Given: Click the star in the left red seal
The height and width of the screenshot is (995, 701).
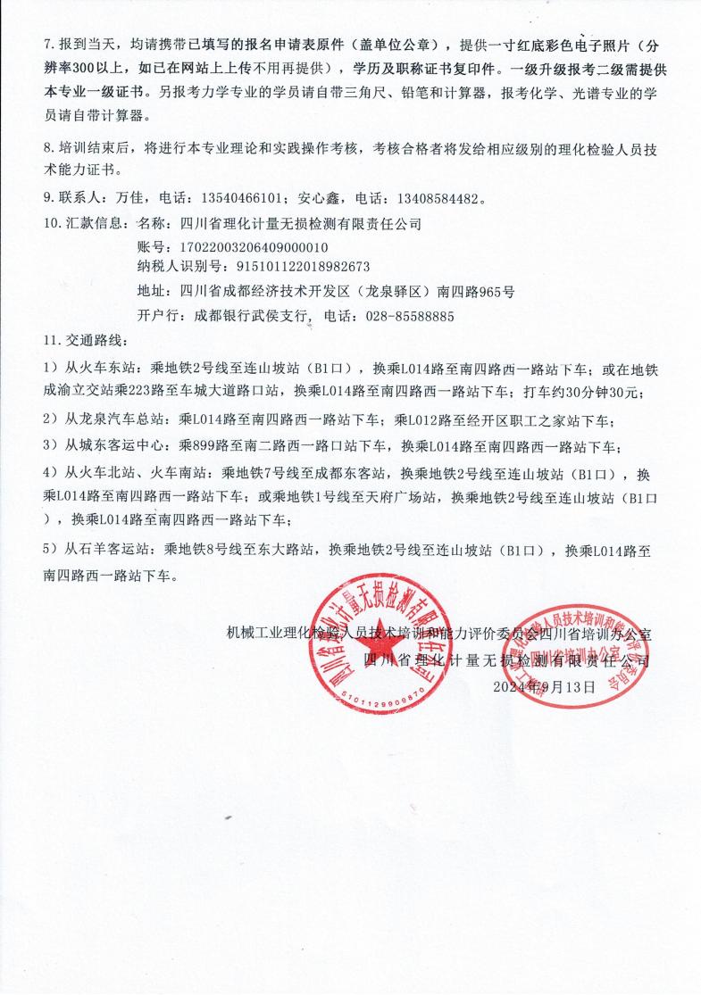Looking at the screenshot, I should (375, 645).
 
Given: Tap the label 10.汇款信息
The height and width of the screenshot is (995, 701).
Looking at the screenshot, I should (86, 223).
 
